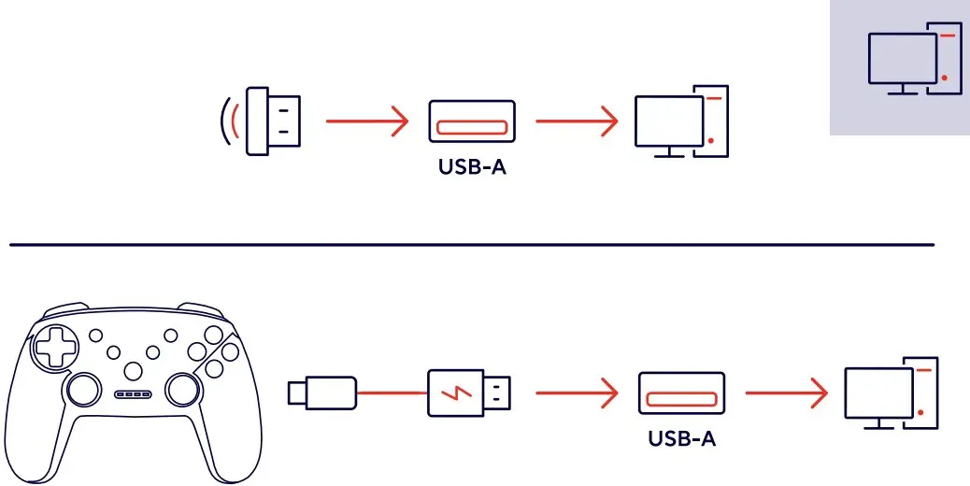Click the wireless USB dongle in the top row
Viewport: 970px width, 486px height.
pos(273,121)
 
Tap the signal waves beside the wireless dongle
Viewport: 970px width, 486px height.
pos(228,121)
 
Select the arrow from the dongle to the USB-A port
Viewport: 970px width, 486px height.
pos(367,121)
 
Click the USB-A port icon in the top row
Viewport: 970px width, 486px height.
pos(471,121)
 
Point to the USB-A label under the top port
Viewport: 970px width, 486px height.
pos(471,171)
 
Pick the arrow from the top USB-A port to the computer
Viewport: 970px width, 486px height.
pos(577,121)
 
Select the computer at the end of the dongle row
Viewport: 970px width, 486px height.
pos(680,122)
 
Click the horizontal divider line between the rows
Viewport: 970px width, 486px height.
pos(471,245)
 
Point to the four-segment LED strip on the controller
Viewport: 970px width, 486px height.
pos(134,394)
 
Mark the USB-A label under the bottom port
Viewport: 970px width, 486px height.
pos(681,438)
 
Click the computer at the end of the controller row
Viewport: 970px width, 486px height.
pos(891,393)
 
